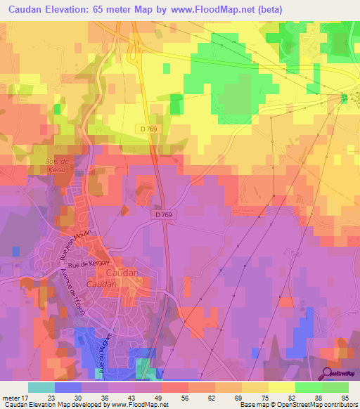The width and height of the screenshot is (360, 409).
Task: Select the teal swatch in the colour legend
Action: coord(41,387)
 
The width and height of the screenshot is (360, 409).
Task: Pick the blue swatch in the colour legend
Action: coord(67,387)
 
